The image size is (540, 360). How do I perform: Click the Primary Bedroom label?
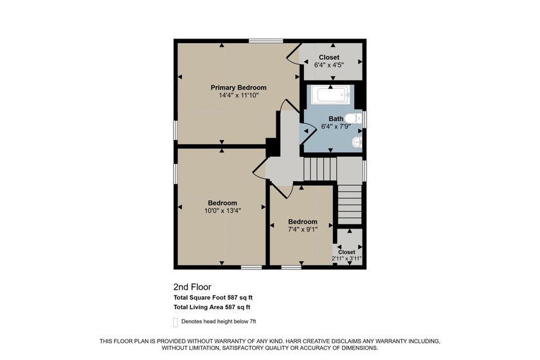point(239,87)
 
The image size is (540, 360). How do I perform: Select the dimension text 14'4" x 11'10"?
point(239,96)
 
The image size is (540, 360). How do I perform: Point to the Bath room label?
point(336,118)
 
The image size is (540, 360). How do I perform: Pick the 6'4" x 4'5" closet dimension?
point(329,65)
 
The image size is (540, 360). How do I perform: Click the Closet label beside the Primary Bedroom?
point(329,57)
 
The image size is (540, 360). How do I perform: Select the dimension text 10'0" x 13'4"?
point(221,211)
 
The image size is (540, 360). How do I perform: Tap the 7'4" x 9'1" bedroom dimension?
point(302,229)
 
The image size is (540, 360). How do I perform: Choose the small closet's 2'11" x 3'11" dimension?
point(346,258)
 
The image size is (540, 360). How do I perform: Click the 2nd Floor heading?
point(192,287)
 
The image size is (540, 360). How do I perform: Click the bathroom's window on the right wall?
point(364,120)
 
